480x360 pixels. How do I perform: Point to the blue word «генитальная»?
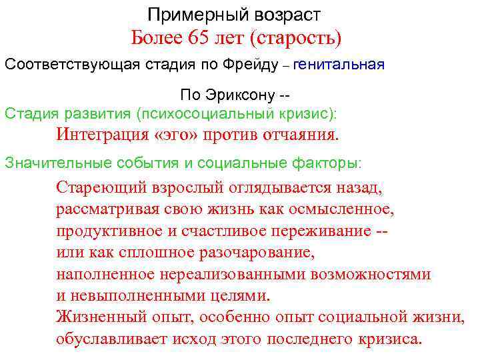point(339,65)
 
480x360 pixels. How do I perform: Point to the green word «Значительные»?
point(47,162)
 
